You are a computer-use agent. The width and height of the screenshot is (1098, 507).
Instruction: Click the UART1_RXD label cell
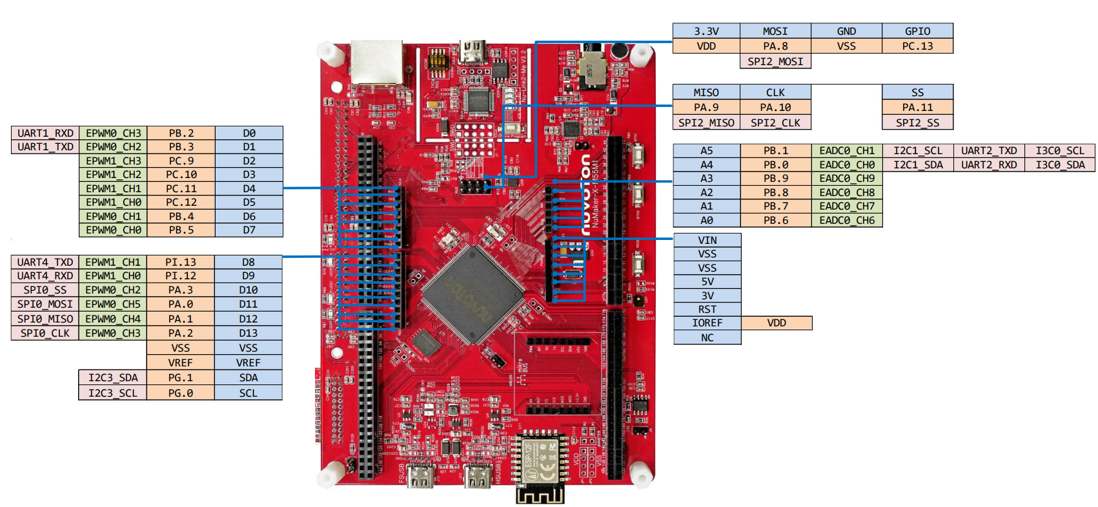[45, 133]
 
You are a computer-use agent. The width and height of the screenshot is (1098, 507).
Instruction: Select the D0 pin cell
[249, 133]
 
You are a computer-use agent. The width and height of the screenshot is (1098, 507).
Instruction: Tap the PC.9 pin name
[181, 161]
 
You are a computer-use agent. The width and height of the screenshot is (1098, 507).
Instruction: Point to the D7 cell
[249, 230]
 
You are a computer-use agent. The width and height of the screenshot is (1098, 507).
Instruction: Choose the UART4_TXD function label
[45, 262]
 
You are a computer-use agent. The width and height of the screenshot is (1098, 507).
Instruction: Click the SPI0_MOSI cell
[45, 304]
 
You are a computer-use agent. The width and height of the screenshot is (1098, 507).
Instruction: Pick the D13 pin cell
[249, 333]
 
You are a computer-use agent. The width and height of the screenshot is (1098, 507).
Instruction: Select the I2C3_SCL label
[113, 393]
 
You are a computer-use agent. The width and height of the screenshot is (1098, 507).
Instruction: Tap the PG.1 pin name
[181, 377]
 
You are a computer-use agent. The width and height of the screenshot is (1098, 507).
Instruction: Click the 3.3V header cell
[706, 31]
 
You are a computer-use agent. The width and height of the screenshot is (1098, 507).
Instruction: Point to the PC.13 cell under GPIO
[917, 46]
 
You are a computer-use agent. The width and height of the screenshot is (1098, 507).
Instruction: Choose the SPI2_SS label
[917, 123]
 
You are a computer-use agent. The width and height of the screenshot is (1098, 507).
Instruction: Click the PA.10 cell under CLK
[775, 107]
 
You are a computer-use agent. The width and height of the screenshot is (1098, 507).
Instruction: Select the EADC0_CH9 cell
[847, 178]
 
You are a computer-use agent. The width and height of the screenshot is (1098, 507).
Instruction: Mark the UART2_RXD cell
[989, 164]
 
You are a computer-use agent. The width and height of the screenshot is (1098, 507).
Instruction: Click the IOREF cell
[707, 323]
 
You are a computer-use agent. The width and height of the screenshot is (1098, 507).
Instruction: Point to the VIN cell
[707, 240]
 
